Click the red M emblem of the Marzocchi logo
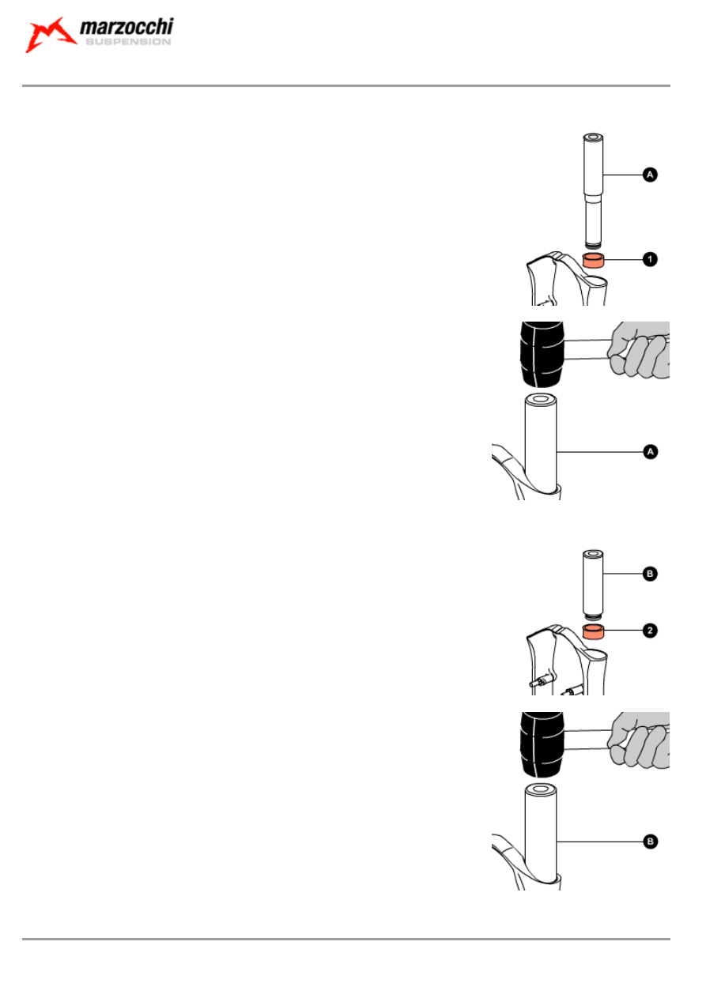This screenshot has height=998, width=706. (x=50, y=35)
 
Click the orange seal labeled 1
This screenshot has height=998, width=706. (x=594, y=261)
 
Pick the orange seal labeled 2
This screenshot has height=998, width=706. (x=594, y=631)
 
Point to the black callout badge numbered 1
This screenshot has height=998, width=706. (x=649, y=259)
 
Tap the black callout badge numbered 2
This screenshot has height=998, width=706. (x=649, y=631)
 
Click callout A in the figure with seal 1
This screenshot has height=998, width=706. (x=649, y=174)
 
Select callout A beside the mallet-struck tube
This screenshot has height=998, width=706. (x=649, y=451)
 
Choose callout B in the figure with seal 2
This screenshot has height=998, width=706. (x=649, y=574)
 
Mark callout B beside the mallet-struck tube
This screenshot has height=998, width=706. (x=649, y=842)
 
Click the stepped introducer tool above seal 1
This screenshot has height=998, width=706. (x=594, y=190)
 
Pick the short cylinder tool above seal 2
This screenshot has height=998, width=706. (x=594, y=581)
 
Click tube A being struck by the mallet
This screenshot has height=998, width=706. (x=541, y=443)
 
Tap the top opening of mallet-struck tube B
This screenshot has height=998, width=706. (x=541, y=789)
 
